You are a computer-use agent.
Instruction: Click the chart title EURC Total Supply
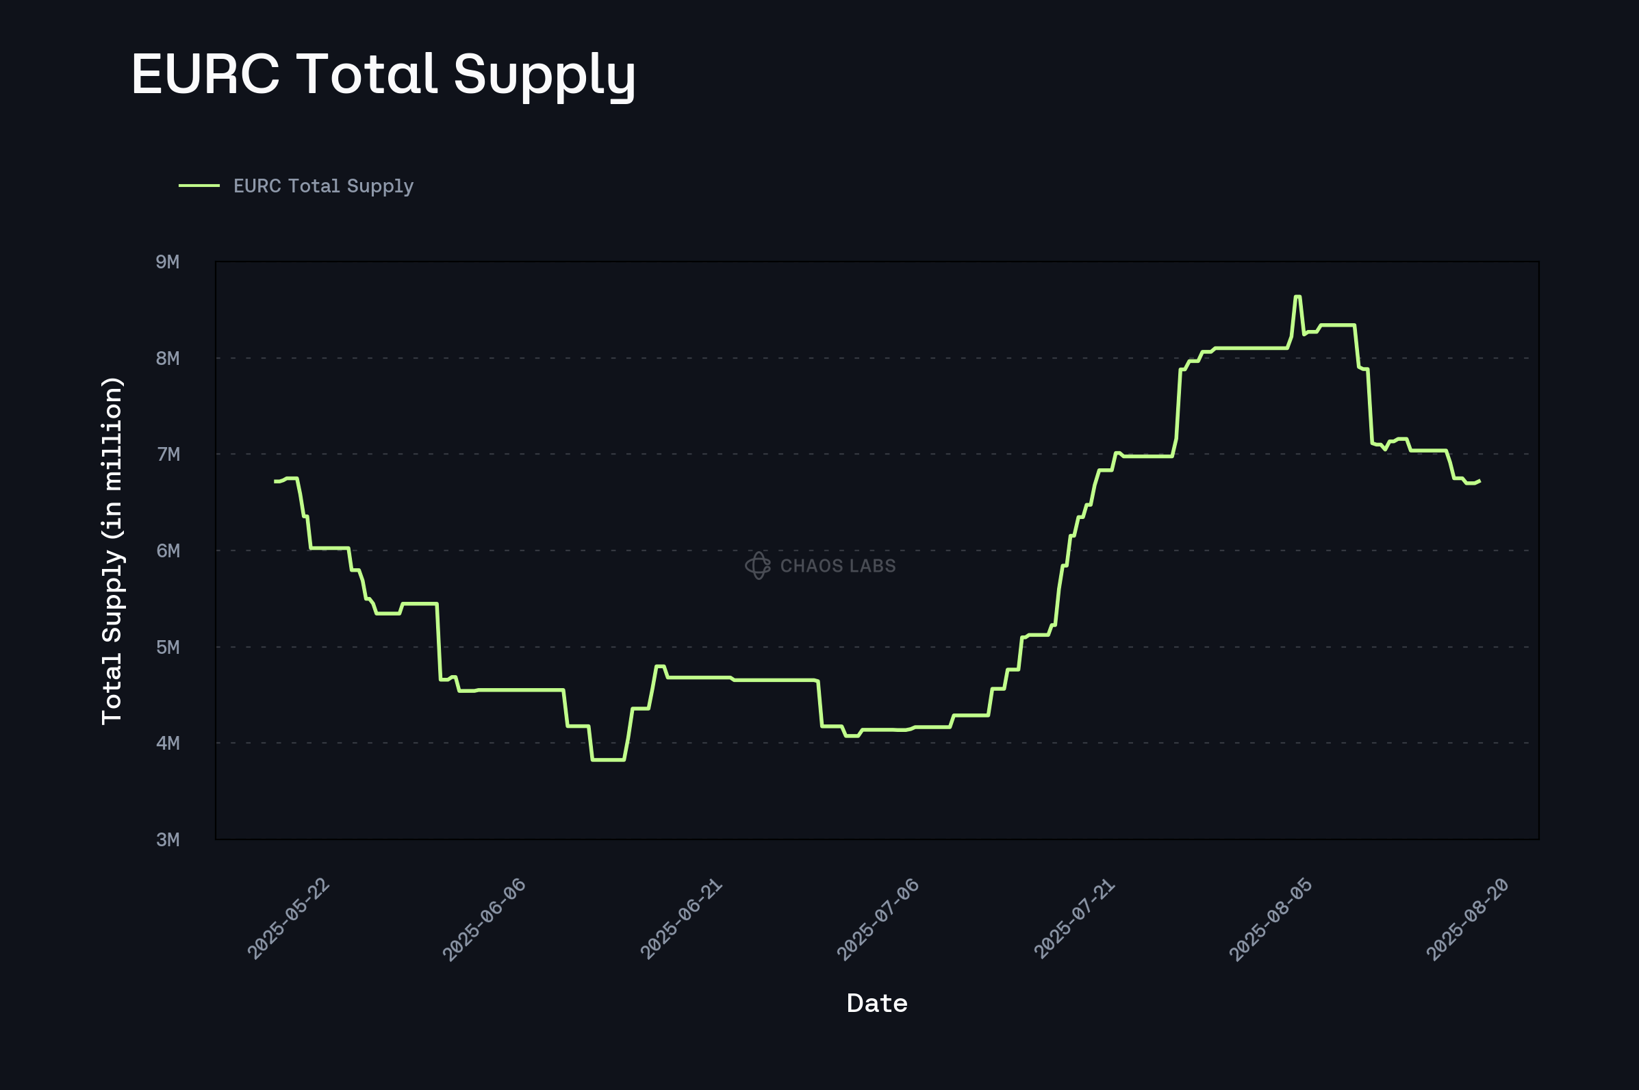383,75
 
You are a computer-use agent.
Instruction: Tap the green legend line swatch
199,186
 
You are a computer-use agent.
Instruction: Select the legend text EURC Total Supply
323,186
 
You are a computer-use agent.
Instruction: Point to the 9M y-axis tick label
168,262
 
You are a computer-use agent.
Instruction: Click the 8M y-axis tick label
168,358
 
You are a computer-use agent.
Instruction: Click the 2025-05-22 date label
288,919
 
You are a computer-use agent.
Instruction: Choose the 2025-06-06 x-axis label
485,919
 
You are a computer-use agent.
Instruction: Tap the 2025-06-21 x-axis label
681,919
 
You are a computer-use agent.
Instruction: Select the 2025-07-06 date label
878,919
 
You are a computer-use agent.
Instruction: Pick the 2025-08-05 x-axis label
1271,919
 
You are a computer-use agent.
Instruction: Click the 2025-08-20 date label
1467,919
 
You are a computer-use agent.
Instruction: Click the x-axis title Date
877,1003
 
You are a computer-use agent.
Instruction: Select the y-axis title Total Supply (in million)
112,550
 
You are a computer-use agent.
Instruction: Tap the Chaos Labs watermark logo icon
758,565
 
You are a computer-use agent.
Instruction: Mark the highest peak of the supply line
1297,297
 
